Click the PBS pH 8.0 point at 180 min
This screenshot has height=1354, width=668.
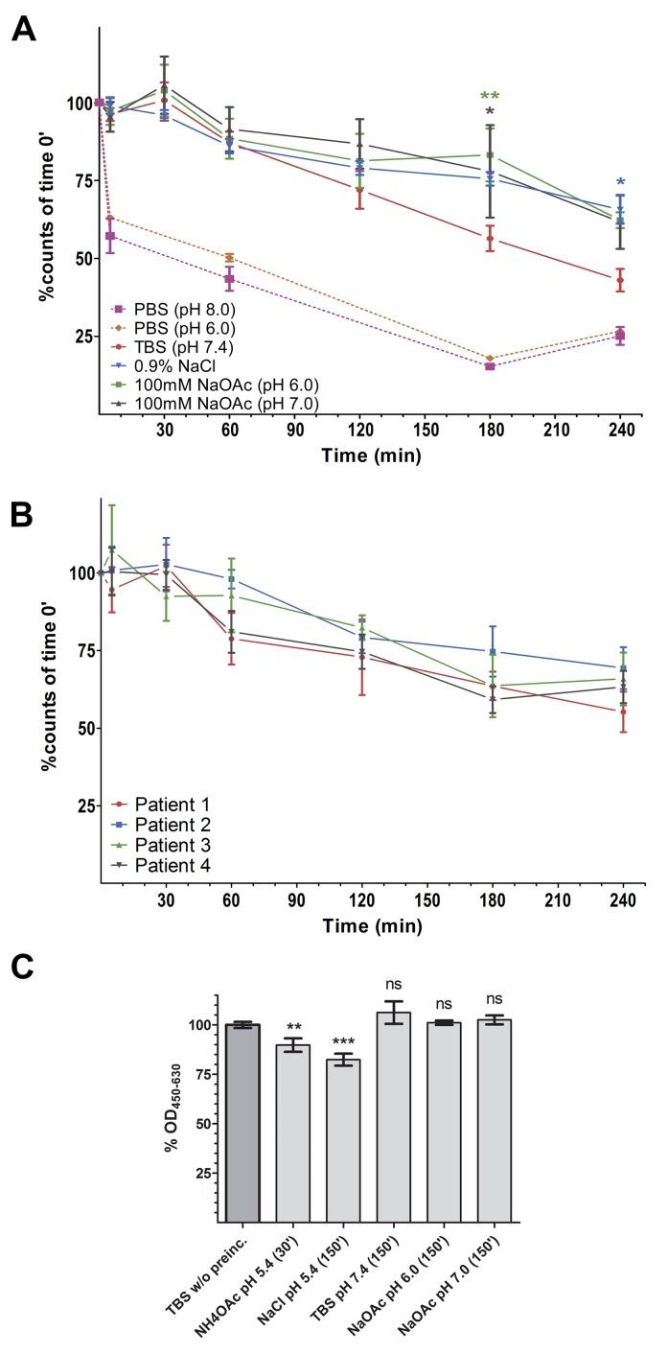pyautogui.click(x=490, y=366)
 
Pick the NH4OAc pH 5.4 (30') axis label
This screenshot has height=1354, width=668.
pyautogui.click(x=278, y=1285)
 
